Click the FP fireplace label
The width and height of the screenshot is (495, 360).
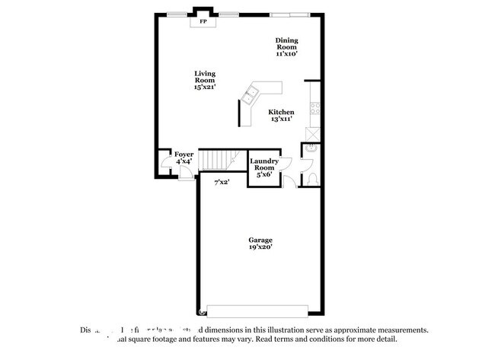point(203,22)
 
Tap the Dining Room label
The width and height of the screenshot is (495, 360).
point(286,43)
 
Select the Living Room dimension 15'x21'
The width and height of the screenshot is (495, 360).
point(204,88)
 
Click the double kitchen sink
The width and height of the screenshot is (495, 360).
point(249,95)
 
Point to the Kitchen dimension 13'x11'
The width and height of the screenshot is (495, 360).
point(281,119)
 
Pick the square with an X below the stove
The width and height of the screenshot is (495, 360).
point(312,134)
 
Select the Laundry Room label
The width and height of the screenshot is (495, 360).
point(263,164)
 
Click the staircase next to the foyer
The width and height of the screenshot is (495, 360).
point(215,161)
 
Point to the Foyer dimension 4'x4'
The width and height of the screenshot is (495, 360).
point(184,162)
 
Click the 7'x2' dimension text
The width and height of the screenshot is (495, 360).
point(222,183)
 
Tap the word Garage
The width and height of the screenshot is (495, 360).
point(260,240)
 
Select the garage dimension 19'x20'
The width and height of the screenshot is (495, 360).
point(260,247)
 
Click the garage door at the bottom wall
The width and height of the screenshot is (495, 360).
point(257,311)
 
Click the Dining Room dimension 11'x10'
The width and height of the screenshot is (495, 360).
point(286,54)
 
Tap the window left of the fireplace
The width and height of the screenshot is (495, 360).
point(179,13)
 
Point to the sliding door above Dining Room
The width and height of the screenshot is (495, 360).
point(290,13)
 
